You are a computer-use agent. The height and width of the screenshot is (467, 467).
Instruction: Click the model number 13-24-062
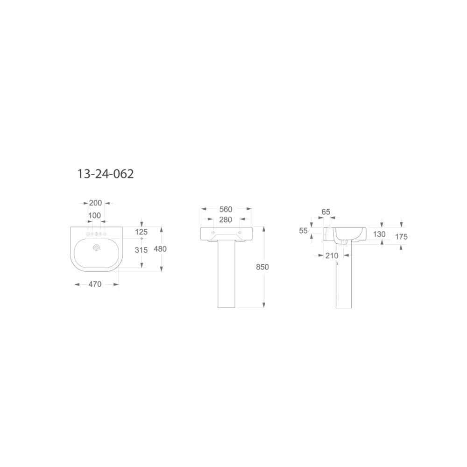(106, 174)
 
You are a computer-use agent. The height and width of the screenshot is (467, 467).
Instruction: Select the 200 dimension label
(95, 203)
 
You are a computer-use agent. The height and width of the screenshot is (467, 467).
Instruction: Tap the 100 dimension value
(94, 215)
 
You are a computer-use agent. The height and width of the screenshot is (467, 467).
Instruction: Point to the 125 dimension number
(141, 232)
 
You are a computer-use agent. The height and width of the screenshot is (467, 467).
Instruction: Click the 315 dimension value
(141, 250)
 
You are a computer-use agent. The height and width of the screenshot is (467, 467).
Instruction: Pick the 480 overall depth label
(160, 249)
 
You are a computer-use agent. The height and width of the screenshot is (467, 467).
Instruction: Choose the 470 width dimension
(95, 284)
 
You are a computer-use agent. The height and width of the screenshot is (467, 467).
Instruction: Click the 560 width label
(226, 209)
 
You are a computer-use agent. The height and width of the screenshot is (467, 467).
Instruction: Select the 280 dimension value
(226, 219)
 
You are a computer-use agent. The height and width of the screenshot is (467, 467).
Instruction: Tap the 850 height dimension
(262, 267)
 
